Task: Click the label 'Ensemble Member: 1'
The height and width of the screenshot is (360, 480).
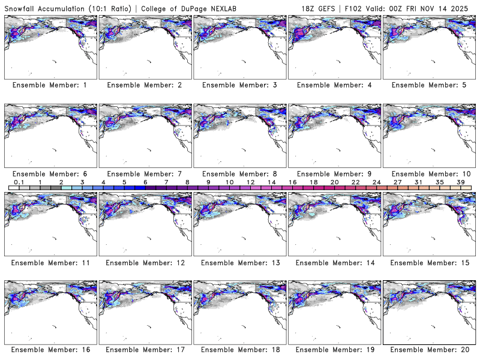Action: [x=49, y=85]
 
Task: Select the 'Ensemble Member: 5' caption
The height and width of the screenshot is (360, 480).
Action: [x=430, y=85]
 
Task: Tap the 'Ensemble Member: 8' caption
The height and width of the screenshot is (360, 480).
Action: [x=239, y=174]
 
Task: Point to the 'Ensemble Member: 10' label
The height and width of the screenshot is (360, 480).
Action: [x=430, y=174]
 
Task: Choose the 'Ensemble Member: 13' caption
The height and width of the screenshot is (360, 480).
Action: [x=239, y=263]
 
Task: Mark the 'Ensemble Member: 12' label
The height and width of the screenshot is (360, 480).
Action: [x=145, y=263]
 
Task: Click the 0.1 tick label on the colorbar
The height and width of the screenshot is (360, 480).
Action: [x=19, y=182]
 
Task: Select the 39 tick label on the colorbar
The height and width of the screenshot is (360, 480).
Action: [x=460, y=182]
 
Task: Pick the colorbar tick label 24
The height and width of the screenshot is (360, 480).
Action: [x=376, y=182]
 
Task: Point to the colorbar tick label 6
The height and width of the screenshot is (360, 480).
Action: [x=146, y=182]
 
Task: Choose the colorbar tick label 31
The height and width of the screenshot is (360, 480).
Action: [x=418, y=182]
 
